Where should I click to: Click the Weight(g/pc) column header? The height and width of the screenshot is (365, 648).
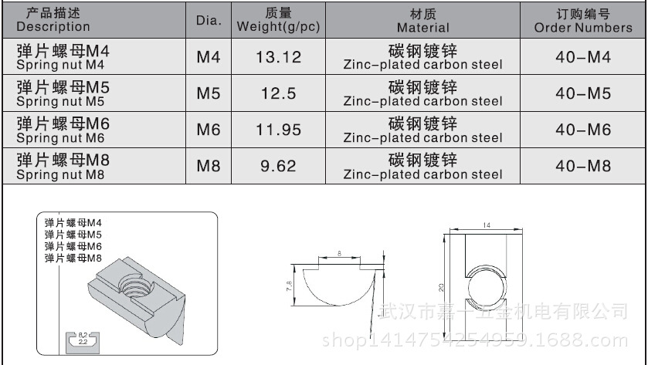tap(278, 20)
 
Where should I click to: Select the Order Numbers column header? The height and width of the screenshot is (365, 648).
tap(583, 20)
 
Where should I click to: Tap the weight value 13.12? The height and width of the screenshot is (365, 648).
tap(278, 57)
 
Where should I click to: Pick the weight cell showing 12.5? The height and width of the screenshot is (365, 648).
tap(278, 93)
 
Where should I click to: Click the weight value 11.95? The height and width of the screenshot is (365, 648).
tap(278, 130)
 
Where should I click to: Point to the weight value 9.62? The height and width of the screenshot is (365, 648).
tap(278, 166)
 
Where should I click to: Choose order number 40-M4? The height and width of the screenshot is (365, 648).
tap(583, 57)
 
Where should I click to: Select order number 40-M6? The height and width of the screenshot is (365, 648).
tap(583, 130)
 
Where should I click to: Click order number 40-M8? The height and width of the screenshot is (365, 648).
tap(583, 166)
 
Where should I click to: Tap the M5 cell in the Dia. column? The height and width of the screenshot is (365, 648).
tap(209, 93)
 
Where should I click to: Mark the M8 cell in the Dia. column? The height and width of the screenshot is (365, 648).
tap(209, 166)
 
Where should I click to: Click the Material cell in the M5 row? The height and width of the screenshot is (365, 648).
tap(422, 93)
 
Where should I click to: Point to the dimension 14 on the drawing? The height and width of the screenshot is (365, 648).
tap(487, 225)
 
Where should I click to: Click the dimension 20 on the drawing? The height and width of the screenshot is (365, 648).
tap(441, 286)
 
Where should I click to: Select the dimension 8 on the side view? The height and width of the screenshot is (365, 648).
tap(339, 252)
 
